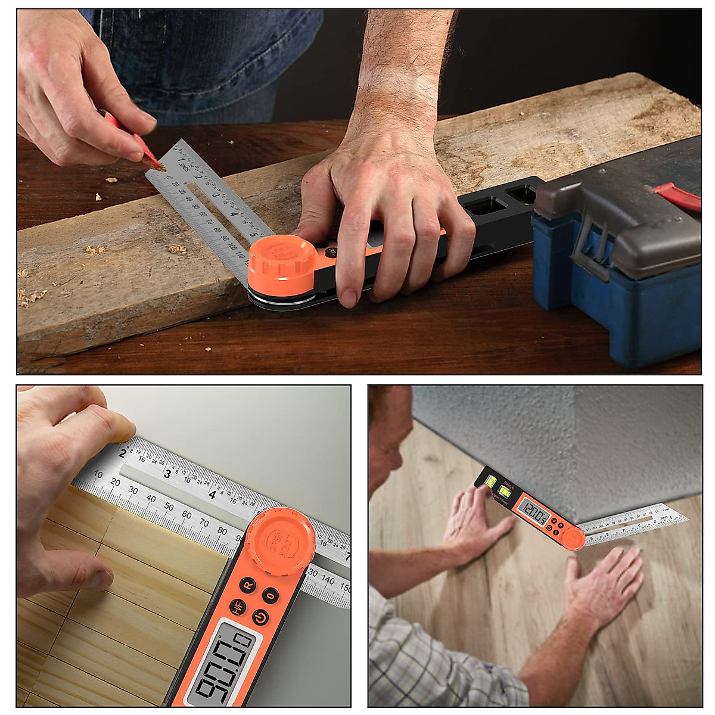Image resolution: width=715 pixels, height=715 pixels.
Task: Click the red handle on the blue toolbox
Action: point(679,197)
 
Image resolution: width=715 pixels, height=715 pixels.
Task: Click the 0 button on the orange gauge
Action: point(271,595)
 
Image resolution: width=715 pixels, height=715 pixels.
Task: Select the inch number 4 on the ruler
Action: point(212,494)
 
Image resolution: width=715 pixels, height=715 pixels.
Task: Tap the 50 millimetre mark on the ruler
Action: point(169,506)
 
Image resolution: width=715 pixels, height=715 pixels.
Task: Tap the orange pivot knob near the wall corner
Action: point(574,538)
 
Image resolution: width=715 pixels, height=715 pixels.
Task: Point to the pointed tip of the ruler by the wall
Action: point(686,518)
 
